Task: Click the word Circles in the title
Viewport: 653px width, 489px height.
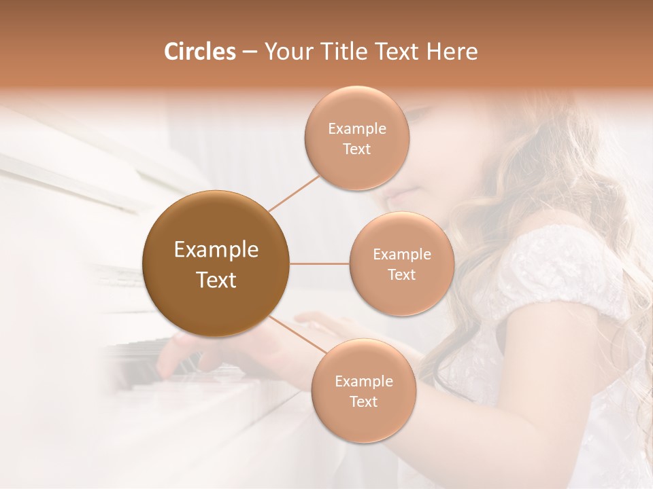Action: coord(200,52)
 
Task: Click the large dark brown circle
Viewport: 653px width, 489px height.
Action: coord(216,264)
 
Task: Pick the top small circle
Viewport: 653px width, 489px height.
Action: coord(357,138)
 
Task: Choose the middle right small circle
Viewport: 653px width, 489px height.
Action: coord(402,264)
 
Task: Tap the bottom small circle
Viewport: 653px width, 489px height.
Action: coord(363,391)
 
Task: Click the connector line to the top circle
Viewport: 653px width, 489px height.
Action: coord(295,193)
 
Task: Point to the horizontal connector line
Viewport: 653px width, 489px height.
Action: coord(320,264)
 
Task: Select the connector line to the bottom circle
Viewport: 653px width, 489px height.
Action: coord(298,335)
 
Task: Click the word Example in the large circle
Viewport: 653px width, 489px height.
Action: coord(216,250)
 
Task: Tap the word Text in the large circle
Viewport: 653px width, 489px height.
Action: coord(216,280)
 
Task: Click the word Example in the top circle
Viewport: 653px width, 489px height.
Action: coord(357,128)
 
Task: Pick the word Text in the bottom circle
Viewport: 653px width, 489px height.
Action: coord(363,401)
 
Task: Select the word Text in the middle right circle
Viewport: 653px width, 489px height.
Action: coord(402,274)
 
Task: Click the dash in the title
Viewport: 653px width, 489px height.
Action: coord(250,52)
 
